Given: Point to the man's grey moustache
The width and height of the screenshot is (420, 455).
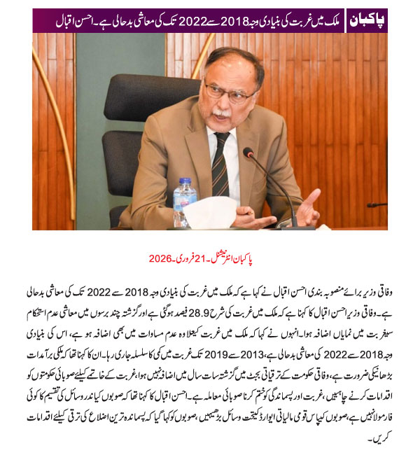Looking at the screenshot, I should click(x=222, y=112).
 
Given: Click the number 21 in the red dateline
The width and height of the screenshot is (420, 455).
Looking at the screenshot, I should click(x=209, y=258).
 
